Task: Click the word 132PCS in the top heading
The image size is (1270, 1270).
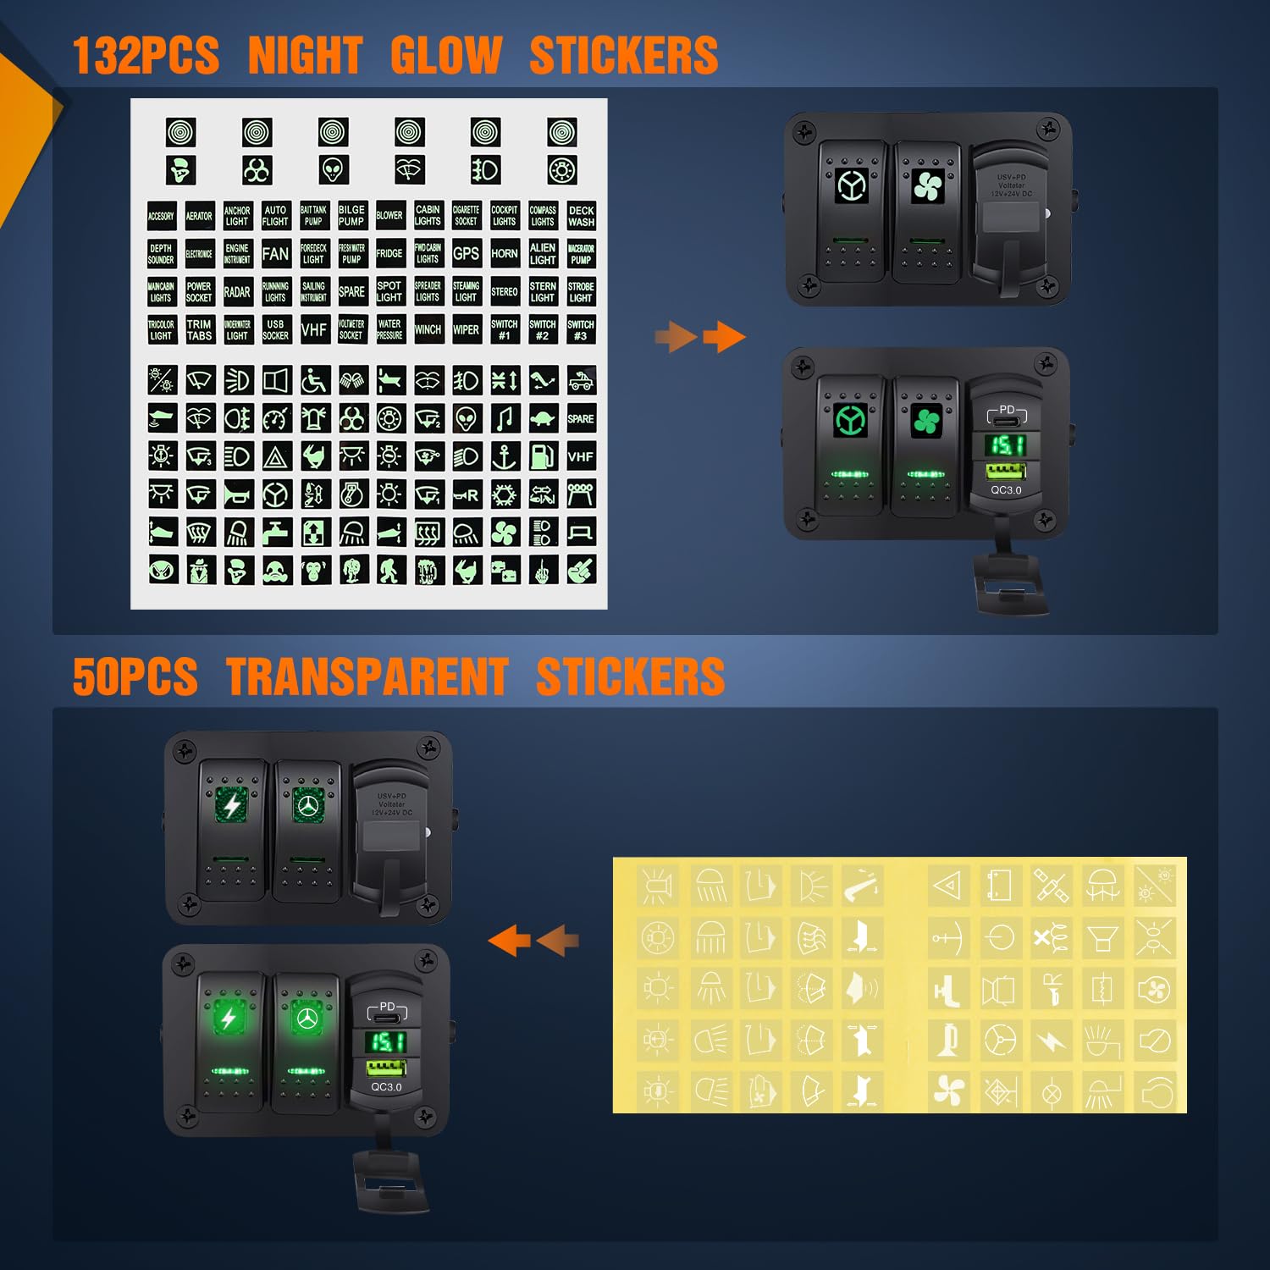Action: point(146,56)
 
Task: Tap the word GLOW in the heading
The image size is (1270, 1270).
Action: point(446,56)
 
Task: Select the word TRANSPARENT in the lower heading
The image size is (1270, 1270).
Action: point(367,677)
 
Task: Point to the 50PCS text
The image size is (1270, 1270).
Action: point(135,677)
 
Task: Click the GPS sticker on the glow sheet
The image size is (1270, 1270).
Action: point(466,253)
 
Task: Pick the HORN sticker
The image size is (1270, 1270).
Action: point(504,253)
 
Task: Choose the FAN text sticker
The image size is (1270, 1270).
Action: point(275,253)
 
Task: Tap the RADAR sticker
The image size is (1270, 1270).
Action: point(237,292)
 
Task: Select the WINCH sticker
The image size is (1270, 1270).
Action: point(428,329)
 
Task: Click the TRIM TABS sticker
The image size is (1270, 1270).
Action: point(199,329)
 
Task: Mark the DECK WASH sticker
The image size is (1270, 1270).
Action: point(581,216)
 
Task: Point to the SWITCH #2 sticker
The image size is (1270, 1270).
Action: point(542,329)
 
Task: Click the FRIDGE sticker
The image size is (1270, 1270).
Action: point(389,253)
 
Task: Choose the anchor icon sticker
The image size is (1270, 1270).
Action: point(505,456)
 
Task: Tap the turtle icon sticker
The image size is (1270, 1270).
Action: point(543,418)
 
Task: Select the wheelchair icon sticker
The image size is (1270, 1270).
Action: point(314,380)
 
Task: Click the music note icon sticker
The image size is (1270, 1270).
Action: point(505,418)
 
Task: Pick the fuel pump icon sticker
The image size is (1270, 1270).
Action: point(543,456)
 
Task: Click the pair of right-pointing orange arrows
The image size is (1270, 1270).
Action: point(700,337)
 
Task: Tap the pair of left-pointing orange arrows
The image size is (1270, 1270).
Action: point(534,940)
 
